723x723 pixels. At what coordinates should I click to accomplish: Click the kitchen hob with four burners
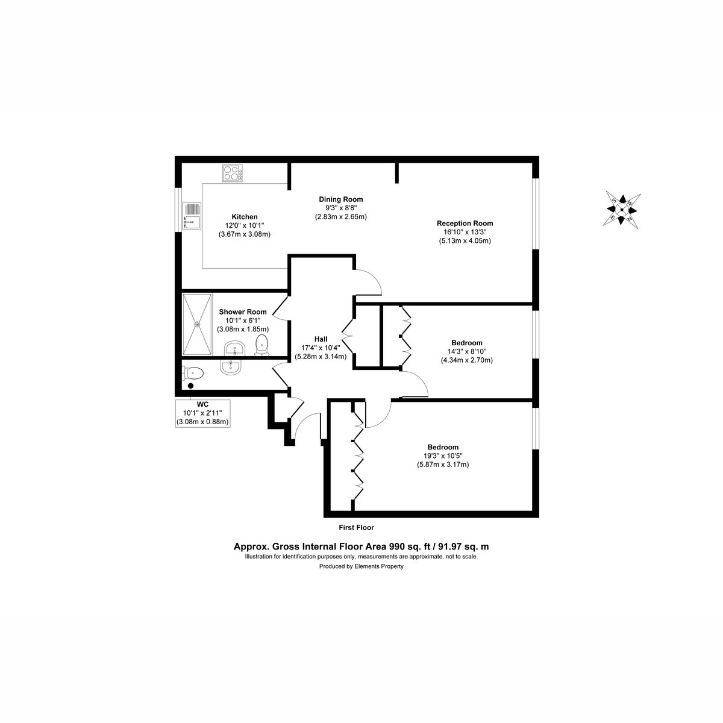(x=232, y=173)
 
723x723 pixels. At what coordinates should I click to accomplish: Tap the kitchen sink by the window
(x=192, y=216)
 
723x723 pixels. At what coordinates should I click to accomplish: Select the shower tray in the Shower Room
(x=197, y=324)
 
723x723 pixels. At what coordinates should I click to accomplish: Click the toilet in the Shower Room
(x=261, y=345)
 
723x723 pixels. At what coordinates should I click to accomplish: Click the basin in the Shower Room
(x=234, y=349)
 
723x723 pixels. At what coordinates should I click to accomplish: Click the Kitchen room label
(x=245, y=217)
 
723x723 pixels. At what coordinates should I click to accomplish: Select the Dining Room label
(x=340, y=199)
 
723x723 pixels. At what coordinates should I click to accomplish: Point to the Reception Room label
(x=465, y=224)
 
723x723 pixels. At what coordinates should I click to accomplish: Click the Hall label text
(x=321, y=339)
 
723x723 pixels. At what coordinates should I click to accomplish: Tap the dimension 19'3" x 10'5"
(x=443, y=456)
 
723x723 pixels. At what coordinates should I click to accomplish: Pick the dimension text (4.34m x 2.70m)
(x=467, y=360)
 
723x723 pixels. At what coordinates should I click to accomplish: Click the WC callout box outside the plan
(x=202, y=413)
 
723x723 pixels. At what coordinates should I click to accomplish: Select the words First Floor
(x=357, y=528)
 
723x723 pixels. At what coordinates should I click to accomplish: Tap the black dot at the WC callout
(x=190, y=386)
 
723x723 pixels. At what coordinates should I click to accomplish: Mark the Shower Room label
(x=243, y=311)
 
